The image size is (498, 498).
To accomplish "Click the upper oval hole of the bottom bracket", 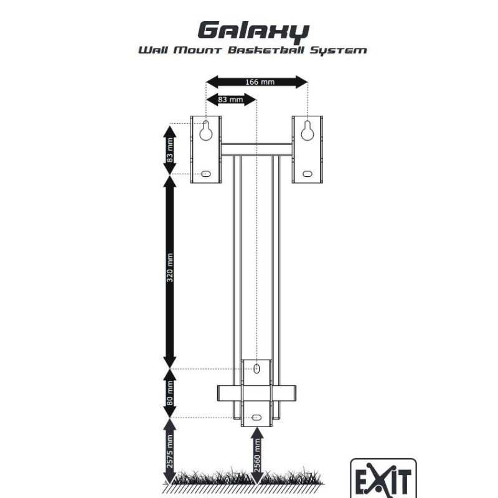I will pyautogui.click(x=256, y=369).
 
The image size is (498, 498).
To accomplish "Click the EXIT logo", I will pyautogui.click(x=382, y=480).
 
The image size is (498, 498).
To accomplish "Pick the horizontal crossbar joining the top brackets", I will pyautogui.click(x=257, y=149).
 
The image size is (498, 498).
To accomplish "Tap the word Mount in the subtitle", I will pyautogui.click(x=199, y=49).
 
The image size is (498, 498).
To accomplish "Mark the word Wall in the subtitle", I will pyautogui.click(x=153, y=49).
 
